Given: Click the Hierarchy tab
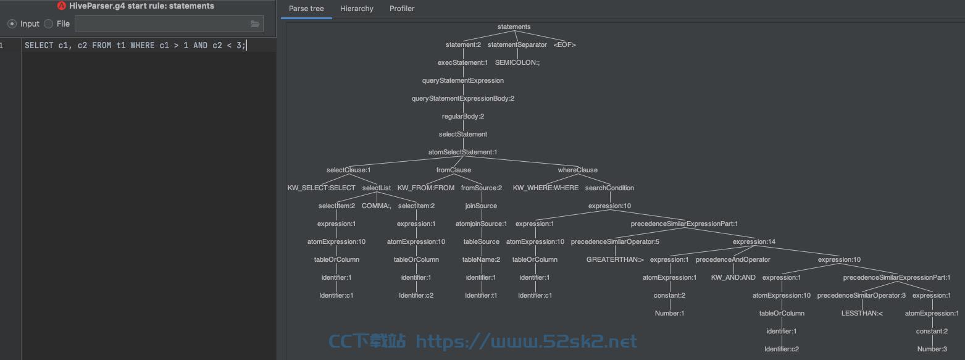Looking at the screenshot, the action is click(357, 9).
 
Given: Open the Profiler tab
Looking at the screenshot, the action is click(402, 9).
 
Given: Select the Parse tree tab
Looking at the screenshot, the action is click(306, 9).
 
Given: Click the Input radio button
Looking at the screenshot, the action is click(12, 23).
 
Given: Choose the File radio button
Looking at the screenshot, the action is click(49, 23).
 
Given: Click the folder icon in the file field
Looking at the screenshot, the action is click(255, 23).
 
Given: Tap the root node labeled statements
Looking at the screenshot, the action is click(514, 27).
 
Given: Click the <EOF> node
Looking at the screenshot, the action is click(564, 45).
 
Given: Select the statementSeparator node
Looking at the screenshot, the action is click(517, 45).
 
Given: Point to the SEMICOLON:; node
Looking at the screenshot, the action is click(517, 62).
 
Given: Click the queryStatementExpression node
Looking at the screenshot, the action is click(462, 80).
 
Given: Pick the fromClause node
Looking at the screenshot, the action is click(453, 170).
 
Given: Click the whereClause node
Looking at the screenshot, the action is click(577, 170).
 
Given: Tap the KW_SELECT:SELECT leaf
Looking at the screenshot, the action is click(322, 188).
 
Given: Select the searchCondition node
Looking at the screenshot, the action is click(609, 188).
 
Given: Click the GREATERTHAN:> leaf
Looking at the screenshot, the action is click(615, 260).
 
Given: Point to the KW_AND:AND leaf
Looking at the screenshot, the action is click(733, 277).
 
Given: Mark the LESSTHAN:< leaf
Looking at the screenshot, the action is click(862, 313).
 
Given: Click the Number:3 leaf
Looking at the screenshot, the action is click(932, 349).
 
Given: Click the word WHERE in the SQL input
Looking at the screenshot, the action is click(142, 45).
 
